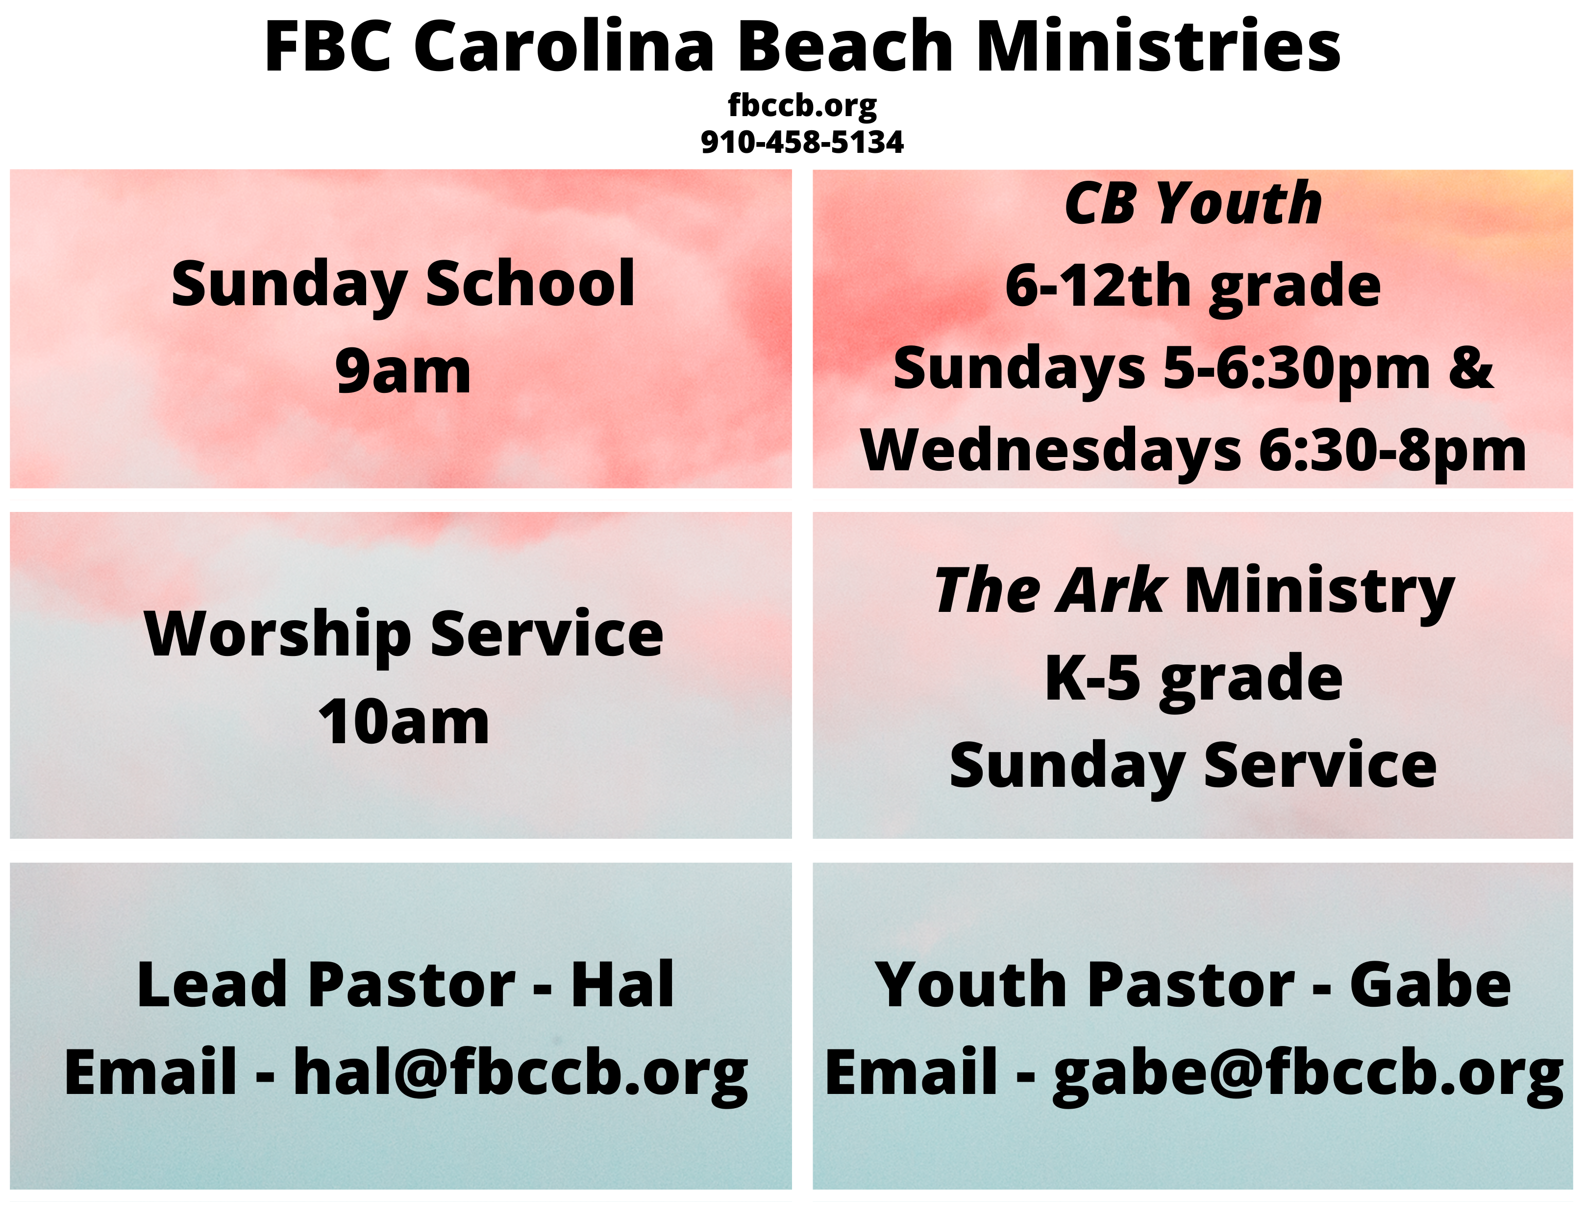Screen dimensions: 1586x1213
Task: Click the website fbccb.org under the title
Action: [x=802, y=106]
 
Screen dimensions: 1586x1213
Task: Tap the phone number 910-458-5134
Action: [x=802, y=142]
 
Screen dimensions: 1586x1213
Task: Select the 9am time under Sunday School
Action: [x=403, y=372]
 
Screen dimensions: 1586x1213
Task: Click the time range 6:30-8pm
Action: [x=1392, y=451]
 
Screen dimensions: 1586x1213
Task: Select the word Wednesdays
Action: [x=1051, y=451]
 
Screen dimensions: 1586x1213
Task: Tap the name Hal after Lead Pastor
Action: [x=622, y=984]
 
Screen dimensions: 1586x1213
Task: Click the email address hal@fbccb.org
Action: [x=520, y=1074]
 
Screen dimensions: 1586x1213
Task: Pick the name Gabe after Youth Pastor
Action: [x=1430, y=984]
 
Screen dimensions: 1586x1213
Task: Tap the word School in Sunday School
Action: [x=530, y=283]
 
